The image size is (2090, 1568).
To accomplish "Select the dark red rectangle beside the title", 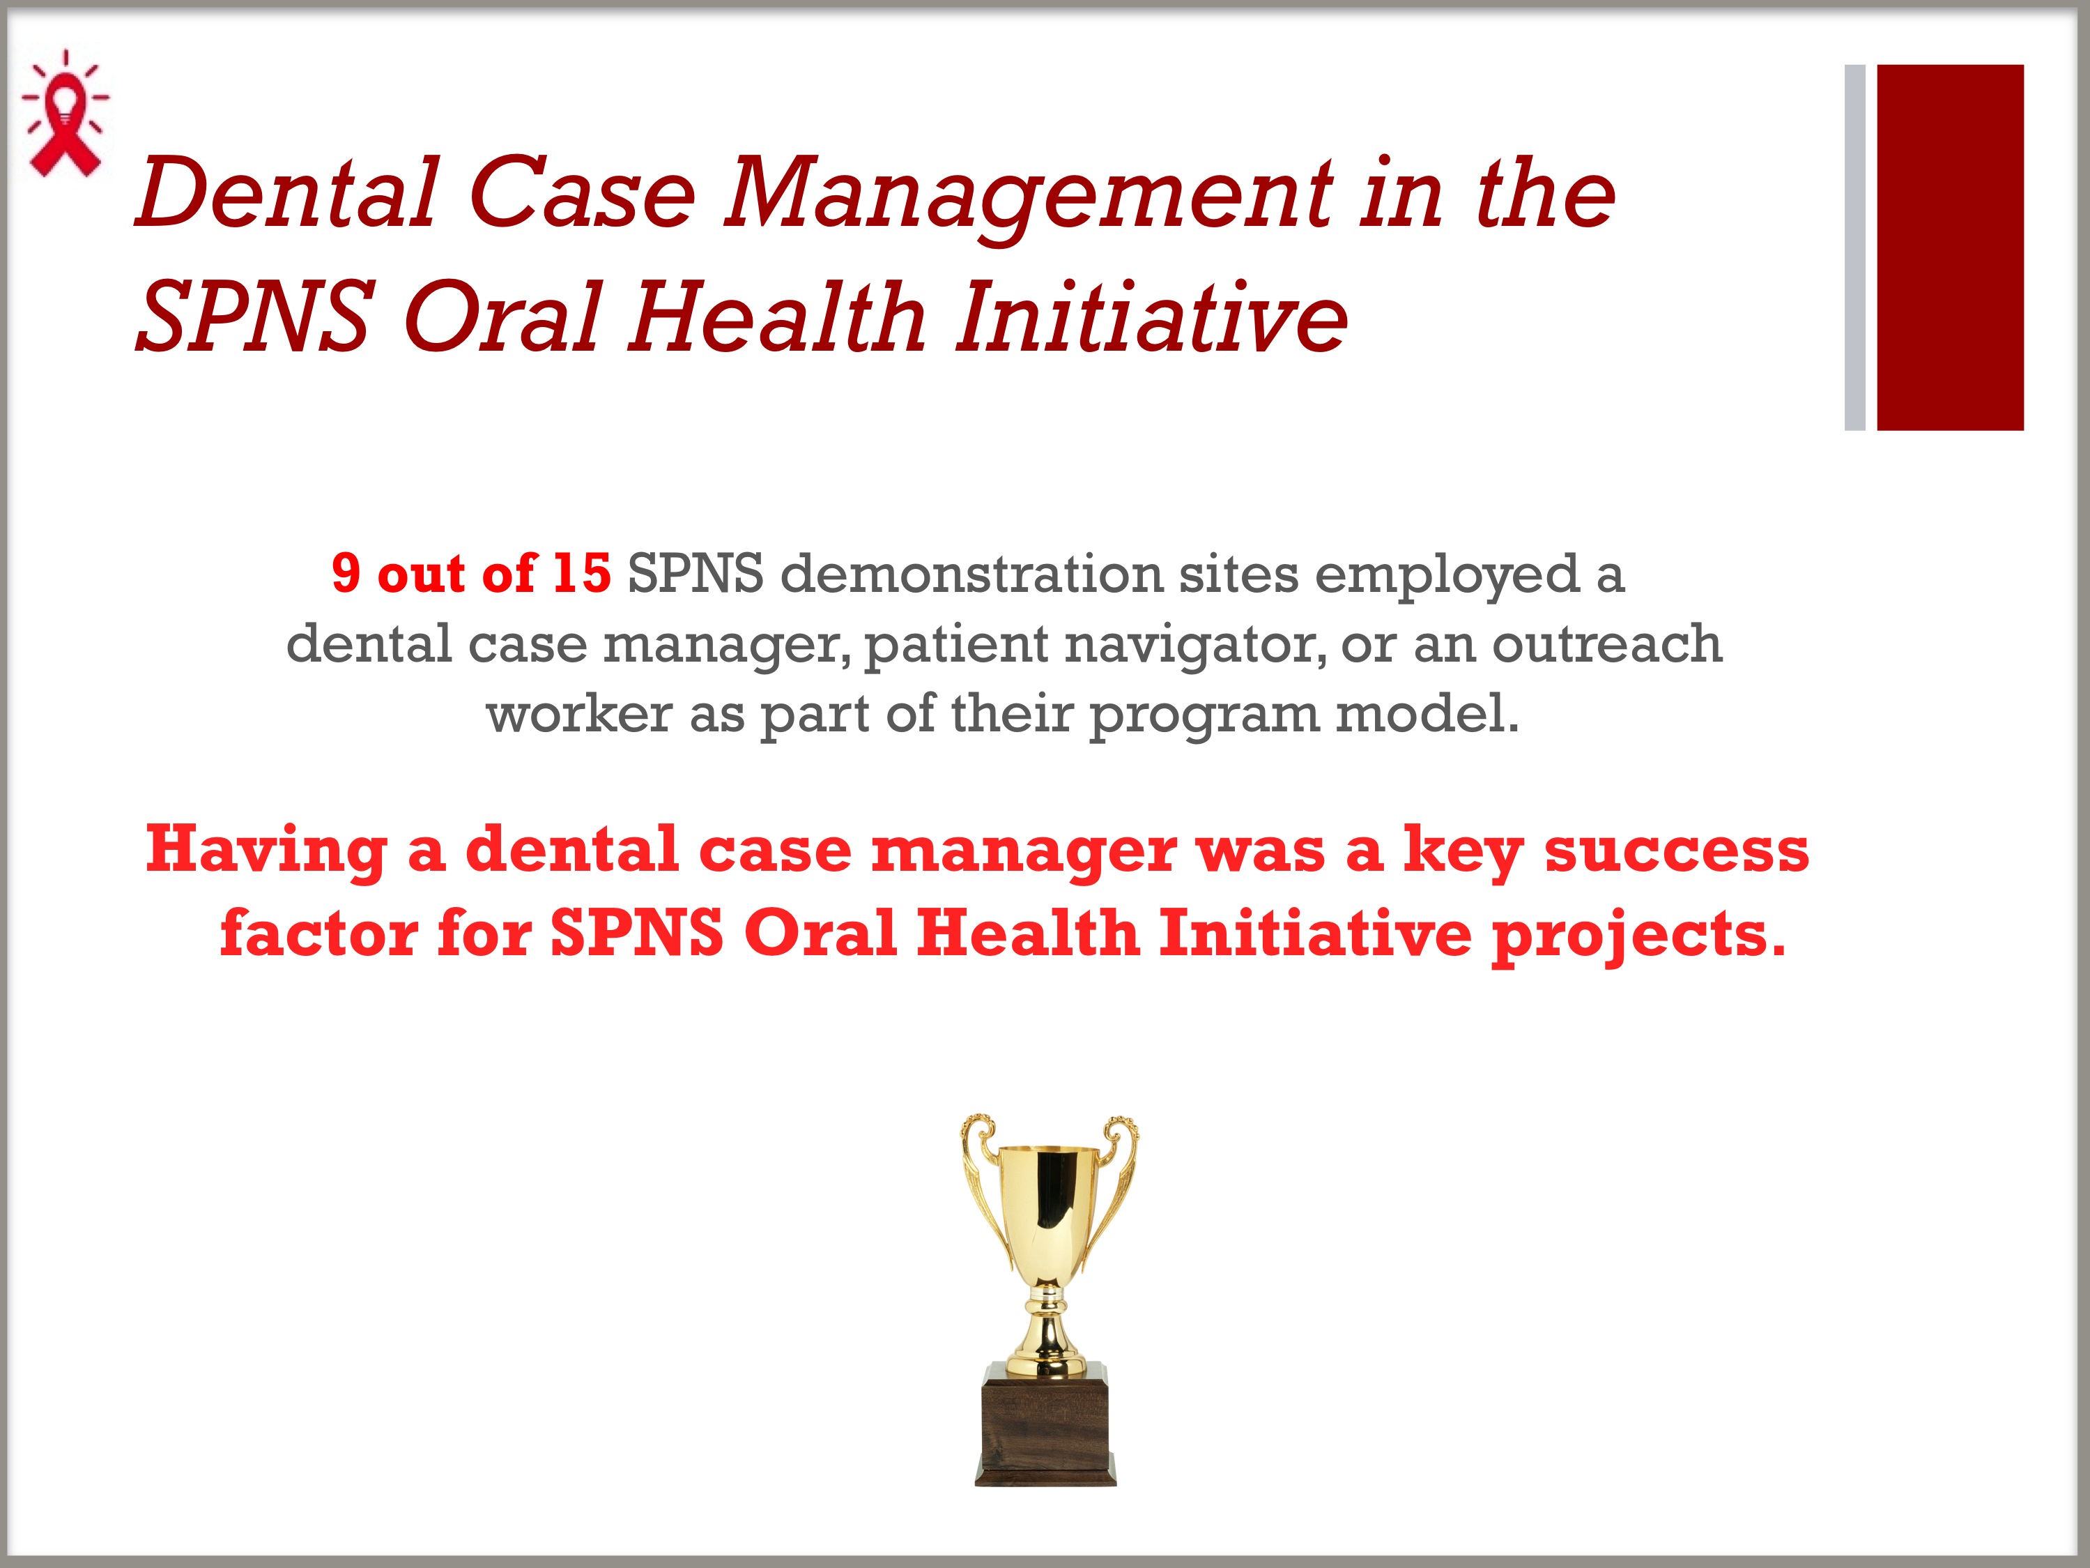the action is pyautogui.click(x=1949, y=248).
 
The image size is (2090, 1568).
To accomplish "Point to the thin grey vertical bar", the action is pyautogui.click(x=1854, y=248).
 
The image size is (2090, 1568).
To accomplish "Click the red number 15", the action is pyautogui.click(x=581, y=574).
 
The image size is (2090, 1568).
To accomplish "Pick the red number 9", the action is pyautogui.click(x=346, y=574).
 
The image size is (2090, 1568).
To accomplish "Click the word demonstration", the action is pyautogui.click(x=971, y=574).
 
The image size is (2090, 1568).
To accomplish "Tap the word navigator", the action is pyautogui.click(x=1193, y=646).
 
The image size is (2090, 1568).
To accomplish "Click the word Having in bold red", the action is pyautogui.click(x=266, y=851).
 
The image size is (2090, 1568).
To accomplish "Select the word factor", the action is pyautogui.click(x=318, y=933).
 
